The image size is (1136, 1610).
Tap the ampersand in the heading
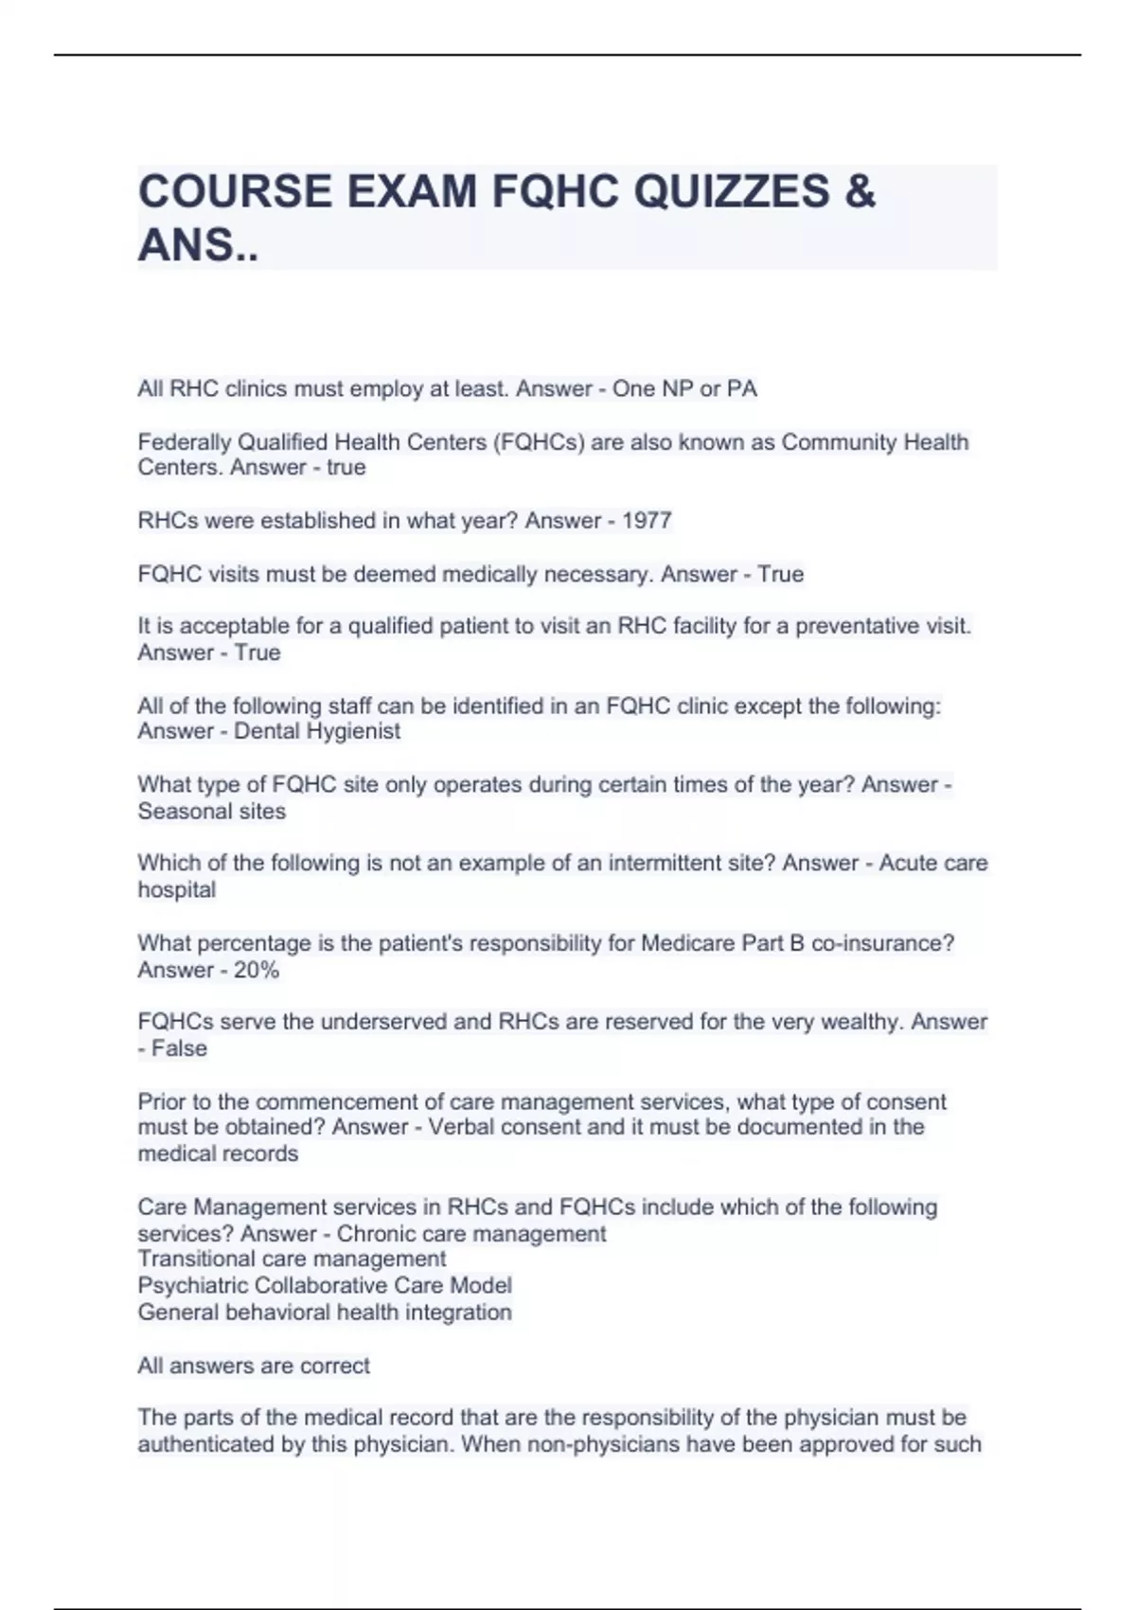click(860, 191)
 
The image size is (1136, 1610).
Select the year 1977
click(647, 521)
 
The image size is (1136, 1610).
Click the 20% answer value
click(257, 970)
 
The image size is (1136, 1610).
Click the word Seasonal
click(178, 811)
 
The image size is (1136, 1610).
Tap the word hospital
click(177, 890)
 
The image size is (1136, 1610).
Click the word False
click(179, 1048)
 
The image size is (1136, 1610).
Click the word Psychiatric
click(191, 1285)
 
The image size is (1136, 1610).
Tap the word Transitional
click(197, 1259)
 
